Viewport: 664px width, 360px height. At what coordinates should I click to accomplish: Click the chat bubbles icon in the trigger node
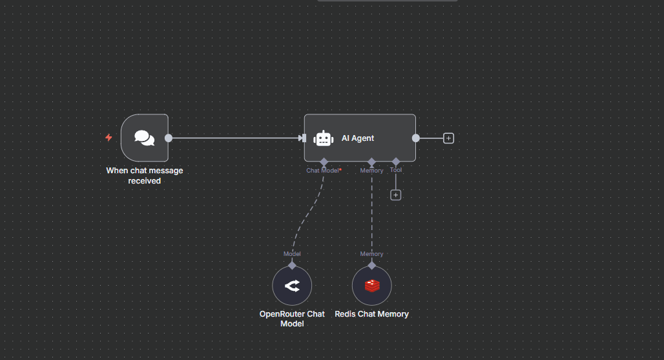[x=144, y=138]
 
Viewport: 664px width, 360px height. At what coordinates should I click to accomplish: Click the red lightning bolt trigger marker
[x=109, y=138]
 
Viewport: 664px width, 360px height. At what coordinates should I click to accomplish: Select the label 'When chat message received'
[x=145, y=176]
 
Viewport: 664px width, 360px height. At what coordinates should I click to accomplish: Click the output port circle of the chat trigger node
[x=169, y=138]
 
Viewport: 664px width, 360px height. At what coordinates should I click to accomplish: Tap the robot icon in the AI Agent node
[x=323, y=138]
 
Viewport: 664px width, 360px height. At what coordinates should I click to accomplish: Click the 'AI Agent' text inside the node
[x=358, y=138]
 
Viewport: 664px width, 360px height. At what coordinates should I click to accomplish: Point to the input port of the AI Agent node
[x=302, y=138]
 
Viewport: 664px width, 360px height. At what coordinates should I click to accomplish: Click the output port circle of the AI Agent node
[x=416, y=138]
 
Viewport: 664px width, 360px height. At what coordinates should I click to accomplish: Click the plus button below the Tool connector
[x=396, y=195]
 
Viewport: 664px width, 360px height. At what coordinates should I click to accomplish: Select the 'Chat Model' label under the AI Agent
[x=323, y=171]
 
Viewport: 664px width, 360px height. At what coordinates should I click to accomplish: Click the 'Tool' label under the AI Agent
[x=396, y=171]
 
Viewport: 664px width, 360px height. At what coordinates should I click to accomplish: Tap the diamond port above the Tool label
[x=396, y=162]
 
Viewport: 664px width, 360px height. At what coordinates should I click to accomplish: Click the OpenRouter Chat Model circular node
[x=292, y=286]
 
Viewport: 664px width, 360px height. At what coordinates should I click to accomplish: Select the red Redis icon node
[x=372, y=286]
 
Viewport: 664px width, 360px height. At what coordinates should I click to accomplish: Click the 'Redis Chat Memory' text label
[x=371, y=314]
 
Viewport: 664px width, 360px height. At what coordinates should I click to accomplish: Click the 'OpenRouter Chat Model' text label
[x=292, y=319]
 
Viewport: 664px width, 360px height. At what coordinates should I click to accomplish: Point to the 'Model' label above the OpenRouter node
[x=292, y=254]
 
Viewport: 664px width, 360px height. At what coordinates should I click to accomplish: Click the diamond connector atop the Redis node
[x=372, y=265]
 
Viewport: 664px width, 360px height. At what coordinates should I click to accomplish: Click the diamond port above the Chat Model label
[x=324, y=162]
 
